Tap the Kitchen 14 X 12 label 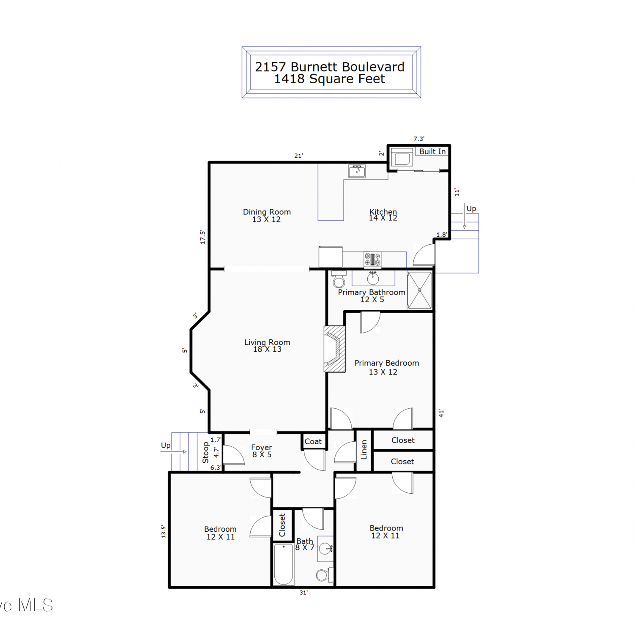[x=383, y=215]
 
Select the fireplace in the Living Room [x=335, y=349]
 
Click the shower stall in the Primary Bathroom [x=420, y=290]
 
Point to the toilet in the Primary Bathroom [x=339, y=279]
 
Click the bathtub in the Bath [x=284, y=564]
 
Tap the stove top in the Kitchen [x=372, y=260]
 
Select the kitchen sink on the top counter [x=357, y=171]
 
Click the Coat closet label [x=313, y=441]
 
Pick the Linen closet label [x=364, y=450]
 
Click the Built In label [x=432, y=151]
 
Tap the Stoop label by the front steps [x=206, y=452]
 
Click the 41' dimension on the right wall [x=441, y=413]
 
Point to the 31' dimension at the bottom [x=303, y=593]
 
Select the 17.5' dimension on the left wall [x=202, y=237]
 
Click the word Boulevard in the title [x=373, y=67]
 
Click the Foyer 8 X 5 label [x=262, y=451]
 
